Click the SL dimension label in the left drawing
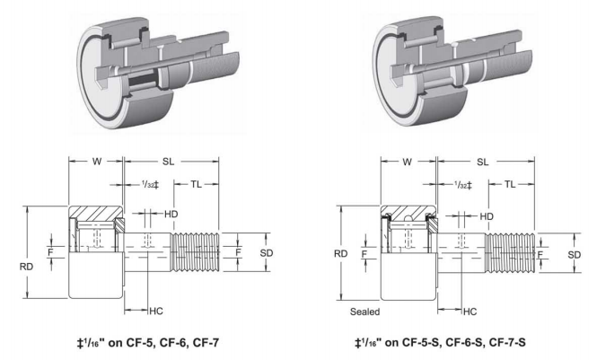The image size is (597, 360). pos(167,162)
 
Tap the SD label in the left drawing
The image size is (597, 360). pos(266,252)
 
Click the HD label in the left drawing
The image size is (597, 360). pos(171,215)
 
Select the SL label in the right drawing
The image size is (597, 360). pos(481,162)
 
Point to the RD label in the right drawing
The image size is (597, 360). pos(340,253)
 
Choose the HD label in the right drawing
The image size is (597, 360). pos(487,216)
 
